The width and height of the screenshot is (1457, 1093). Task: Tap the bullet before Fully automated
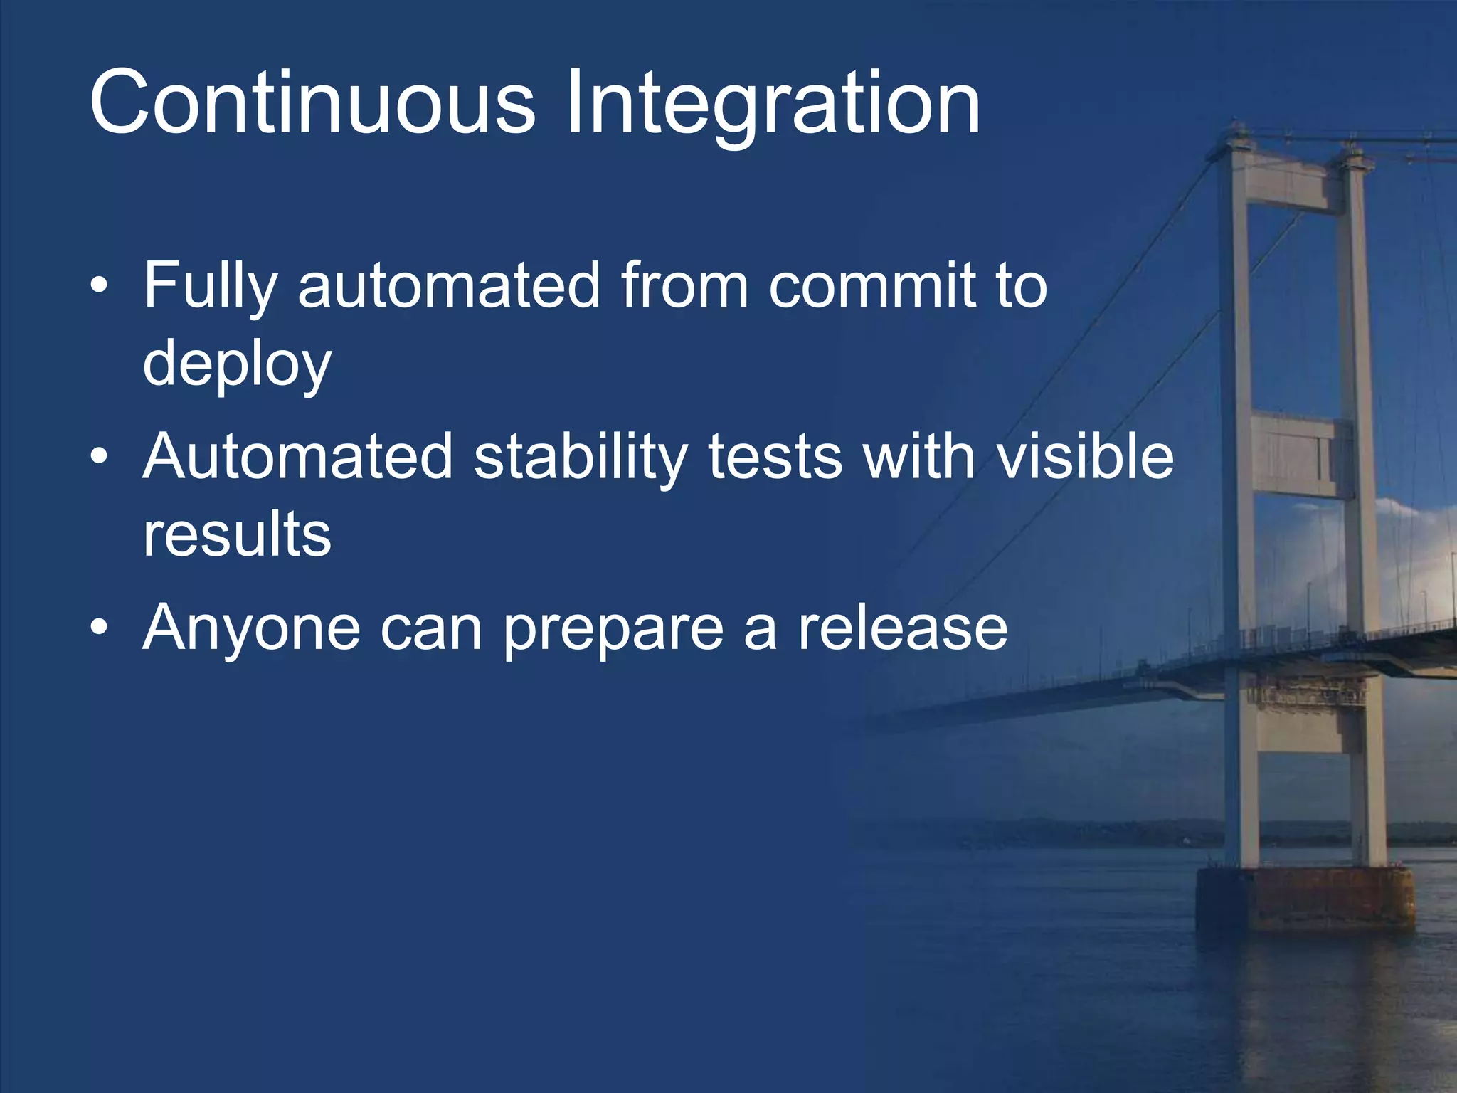pos(100,285)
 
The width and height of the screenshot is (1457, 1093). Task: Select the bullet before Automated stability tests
pos(100,456)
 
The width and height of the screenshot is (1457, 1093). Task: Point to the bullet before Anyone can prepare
pos(100,627)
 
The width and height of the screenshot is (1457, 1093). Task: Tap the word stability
pos(581,458)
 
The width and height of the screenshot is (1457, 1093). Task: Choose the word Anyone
pos(251,628)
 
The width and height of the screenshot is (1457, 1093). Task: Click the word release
pos(902,627)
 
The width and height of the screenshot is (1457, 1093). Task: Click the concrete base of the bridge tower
pos(1305,898)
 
